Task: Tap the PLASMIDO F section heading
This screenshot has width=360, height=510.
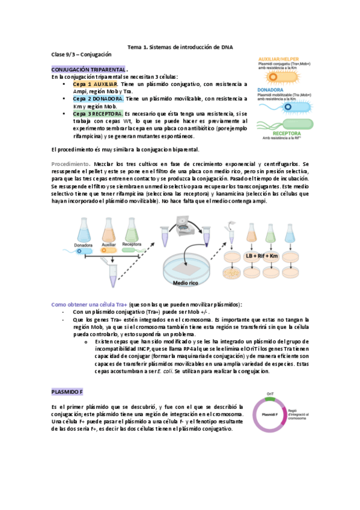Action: (x=67, y=392)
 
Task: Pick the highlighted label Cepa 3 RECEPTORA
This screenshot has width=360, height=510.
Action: (x=99, y=113)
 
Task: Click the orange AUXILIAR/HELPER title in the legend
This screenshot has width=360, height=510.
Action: (x=282, y=52)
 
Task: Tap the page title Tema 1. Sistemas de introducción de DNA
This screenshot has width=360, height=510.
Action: (x=180, y=47)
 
